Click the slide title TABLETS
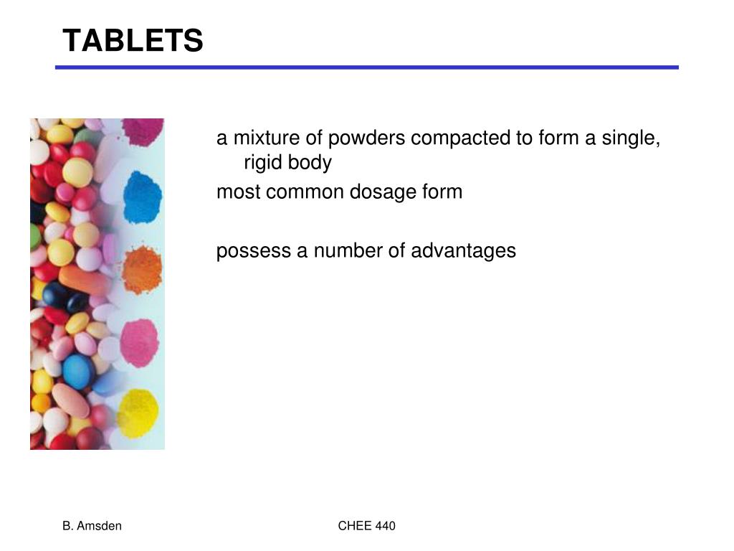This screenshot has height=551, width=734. click(133, 41)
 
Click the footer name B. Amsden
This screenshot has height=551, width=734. click(92, 526)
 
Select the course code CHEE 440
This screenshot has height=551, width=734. click(366, 526)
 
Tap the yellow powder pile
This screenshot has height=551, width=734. click(138, 413)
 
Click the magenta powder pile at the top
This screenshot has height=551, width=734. click(142, 131)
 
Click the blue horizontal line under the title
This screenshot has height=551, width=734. click(367, 67)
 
